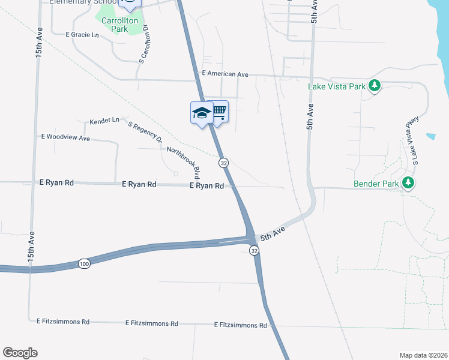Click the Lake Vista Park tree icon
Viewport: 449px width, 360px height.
(x=375, y=86)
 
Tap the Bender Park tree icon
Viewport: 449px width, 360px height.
(x=409, y=182)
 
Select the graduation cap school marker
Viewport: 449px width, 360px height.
(x=202, y=112)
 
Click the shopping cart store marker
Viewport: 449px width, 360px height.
(x=219, y=110)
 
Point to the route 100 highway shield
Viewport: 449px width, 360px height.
(x=84, y=264)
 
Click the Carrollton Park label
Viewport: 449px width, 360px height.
(x=120, y=24)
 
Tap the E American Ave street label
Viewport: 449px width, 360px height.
(x=225, y=74)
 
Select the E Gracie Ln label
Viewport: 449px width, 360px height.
(x=82, y=35)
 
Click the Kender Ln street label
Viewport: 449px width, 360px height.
(x=104, y=121)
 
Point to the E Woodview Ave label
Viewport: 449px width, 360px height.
(x=65, y=137)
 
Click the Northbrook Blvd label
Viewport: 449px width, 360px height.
(x=183, y=163)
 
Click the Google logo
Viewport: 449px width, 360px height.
(x=20, y=353)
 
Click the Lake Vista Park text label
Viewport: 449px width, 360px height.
(x=336, y=86)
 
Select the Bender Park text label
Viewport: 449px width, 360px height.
(x=376, y=182)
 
